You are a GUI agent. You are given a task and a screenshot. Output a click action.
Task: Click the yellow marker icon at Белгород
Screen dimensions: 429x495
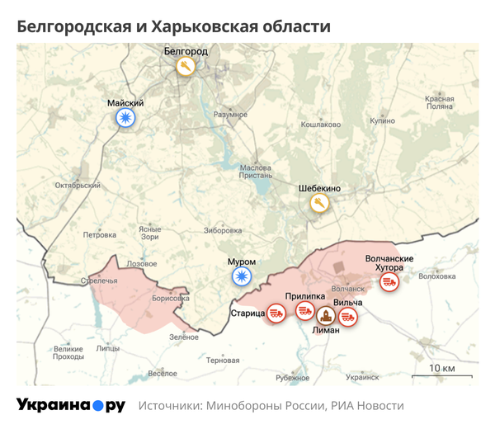click(x=186, y=66)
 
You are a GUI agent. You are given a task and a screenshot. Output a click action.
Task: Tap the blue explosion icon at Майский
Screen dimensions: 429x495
click(x=125, y=120)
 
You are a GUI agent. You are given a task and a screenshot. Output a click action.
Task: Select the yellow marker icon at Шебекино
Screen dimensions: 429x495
click(x=318, y=203)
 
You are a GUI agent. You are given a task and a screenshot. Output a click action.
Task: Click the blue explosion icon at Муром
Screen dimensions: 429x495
click(x=241, y=277)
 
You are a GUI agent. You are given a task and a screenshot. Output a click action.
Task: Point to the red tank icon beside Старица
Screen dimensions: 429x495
click(x=276, y=313)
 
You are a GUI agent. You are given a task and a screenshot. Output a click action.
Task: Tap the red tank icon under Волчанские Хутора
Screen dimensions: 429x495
click(x=389, y=282)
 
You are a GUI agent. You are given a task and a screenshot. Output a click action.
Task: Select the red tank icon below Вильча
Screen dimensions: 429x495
click(x=349, y=316)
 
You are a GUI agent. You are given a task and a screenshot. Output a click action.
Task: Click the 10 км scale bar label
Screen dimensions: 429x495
click(x=442, y=367)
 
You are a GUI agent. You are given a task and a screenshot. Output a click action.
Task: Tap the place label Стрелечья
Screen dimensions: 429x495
click(x=99, y=281)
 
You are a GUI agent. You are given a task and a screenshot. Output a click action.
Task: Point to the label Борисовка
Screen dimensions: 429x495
click(x=171, y=299)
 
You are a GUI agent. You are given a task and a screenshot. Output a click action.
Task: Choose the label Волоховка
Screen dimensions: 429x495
click(x=437, y=276)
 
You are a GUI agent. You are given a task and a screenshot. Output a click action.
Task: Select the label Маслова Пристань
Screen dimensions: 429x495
click(x=255, y=171)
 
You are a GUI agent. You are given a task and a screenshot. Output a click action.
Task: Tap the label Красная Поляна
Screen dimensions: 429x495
click(x=440, y=102)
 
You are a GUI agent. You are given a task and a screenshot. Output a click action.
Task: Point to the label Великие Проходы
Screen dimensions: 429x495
click(x=68, y=352)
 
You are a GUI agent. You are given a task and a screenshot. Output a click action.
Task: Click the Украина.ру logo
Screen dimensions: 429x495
click(x=71, y=405)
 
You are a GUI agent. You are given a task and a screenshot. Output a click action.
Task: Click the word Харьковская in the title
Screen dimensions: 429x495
click(x=193, y=26)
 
